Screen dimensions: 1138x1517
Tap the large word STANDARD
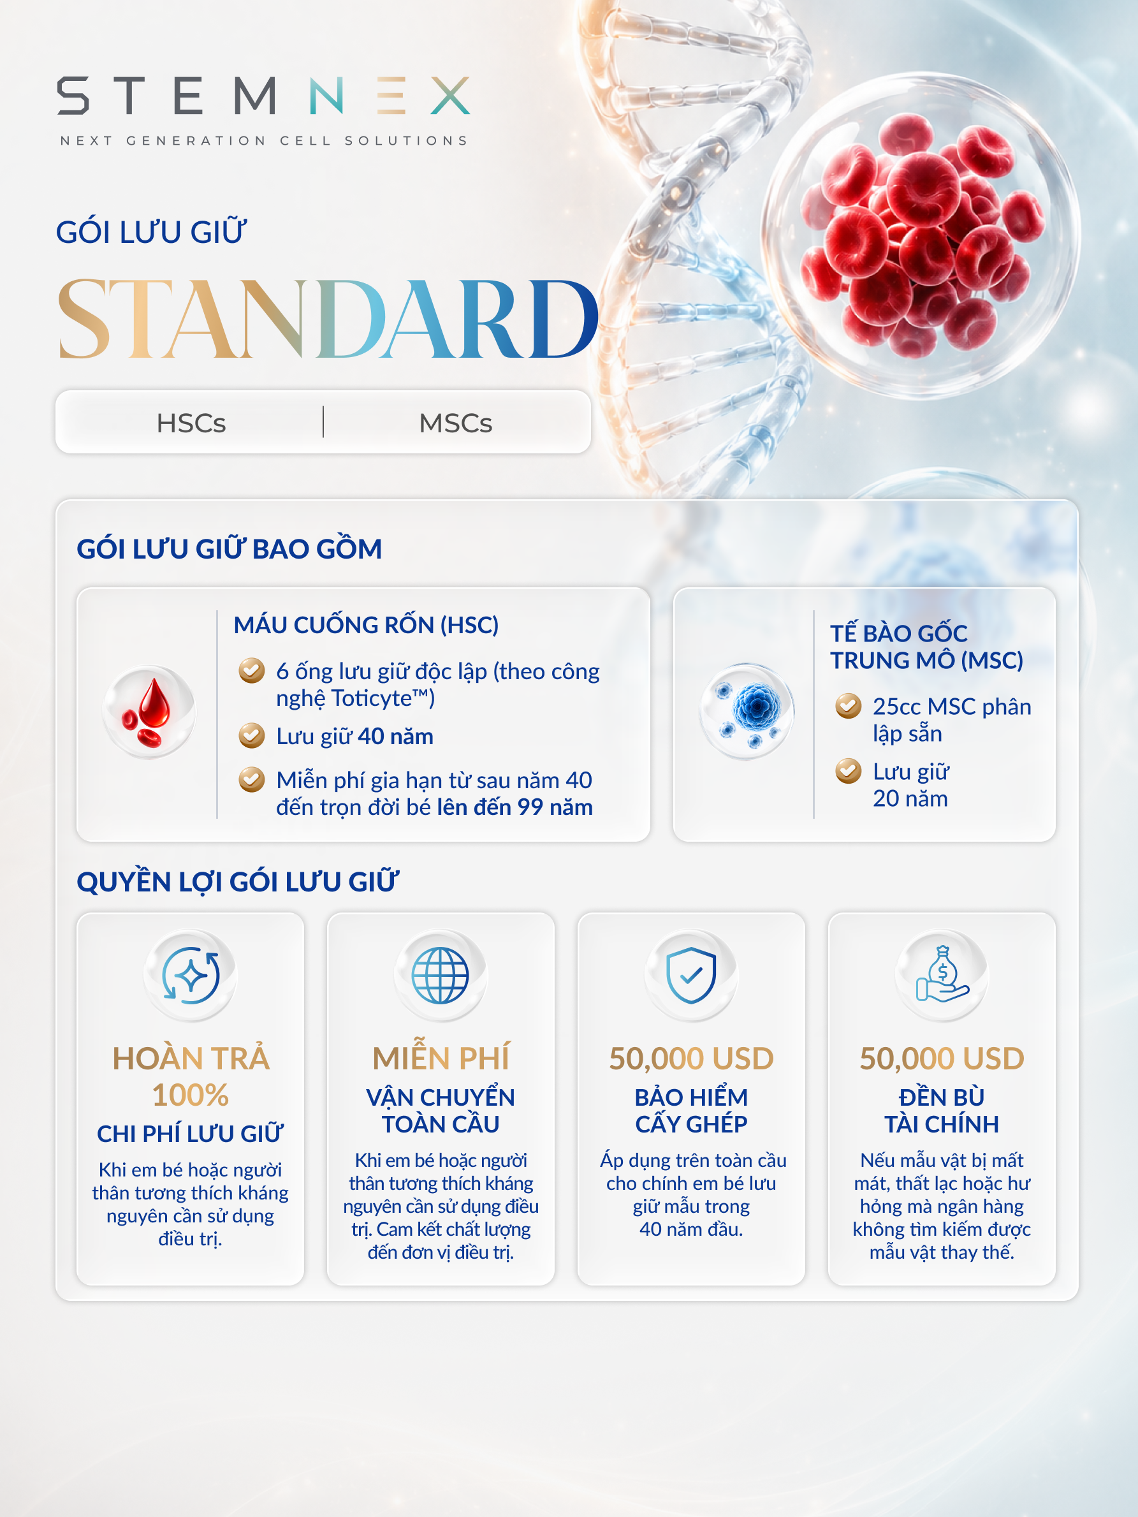[328, 319]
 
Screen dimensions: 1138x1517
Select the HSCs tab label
[191, 423]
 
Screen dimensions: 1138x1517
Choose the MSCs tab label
[456, 423]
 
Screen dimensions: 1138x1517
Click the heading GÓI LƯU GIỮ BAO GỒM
[229, 548]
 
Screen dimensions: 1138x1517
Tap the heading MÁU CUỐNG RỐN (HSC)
[366, 625]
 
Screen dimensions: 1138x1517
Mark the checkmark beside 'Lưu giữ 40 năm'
[252, 735]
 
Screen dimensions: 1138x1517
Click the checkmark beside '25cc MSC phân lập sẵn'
[848, 706]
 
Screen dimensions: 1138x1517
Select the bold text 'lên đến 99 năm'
[515, 807]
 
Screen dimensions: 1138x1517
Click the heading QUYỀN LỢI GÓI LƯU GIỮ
[237, 882]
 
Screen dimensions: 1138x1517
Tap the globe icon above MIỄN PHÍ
[440, 975]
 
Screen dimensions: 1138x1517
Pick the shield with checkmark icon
[691, 975]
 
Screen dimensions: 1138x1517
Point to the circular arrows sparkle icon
[191, 975]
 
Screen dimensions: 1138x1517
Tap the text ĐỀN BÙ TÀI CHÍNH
[942, 1111]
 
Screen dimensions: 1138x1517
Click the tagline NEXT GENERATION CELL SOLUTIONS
[264, 140]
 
